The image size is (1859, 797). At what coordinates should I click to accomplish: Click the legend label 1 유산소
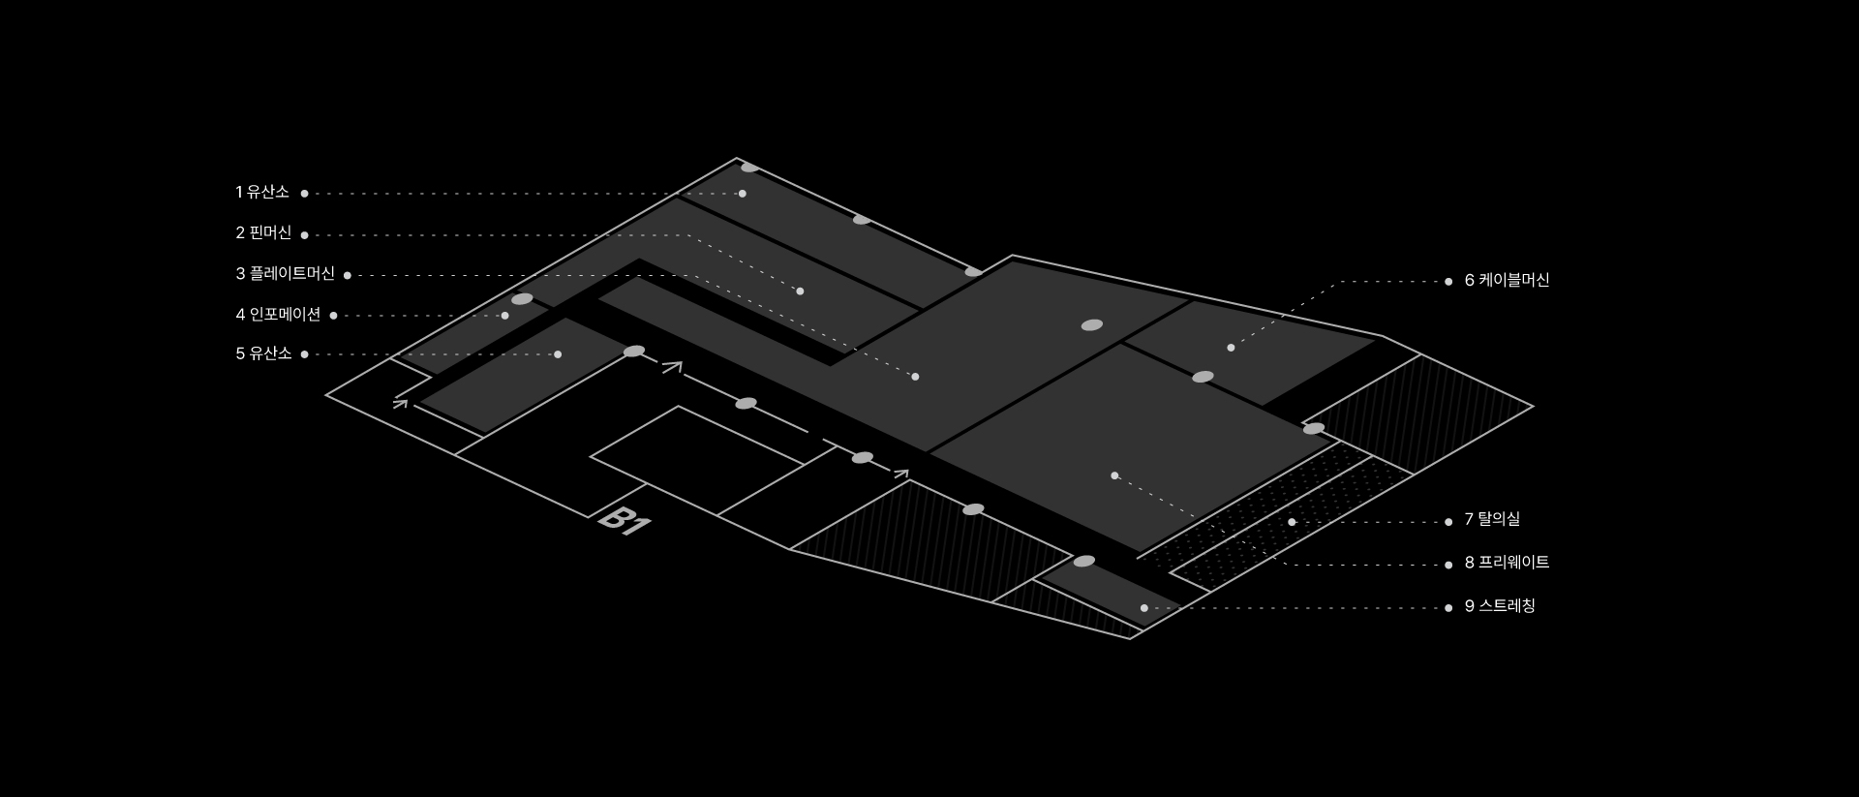[x=262, y=193]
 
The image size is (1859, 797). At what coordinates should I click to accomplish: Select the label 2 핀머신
[x=263, y=233]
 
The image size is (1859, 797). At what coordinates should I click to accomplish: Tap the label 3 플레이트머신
[x=286, y=274]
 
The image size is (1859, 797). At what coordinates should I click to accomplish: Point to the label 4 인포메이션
[x=278, y=315]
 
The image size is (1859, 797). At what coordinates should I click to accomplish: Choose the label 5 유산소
[x=263, y=354]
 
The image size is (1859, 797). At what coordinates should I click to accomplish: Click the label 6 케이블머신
[x=1507, y=281]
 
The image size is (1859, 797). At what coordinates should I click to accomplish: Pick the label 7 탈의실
[x=1492, y=520]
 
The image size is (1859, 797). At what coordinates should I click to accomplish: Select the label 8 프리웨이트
[x=1507, y=563]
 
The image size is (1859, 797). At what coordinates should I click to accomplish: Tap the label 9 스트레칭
[x=1500, y=606]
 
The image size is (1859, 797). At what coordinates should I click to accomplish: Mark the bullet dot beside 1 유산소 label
[x=304, y=194]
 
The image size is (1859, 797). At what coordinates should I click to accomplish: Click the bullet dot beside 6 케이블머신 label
[x=1448, y=282]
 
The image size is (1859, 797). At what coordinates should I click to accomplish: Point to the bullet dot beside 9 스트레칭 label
[x=1448, y=608]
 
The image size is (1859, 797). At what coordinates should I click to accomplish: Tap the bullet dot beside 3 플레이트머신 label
[x=348, y=276]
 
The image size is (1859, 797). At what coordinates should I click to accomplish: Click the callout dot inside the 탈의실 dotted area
[x=1292, y=522]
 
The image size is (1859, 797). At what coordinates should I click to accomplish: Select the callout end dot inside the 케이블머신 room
[x=1231, y=348]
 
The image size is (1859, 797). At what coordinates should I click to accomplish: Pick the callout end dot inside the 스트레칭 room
[x=1143, y=608]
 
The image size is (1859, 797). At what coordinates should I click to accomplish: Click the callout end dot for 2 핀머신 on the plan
[x=800, y=291]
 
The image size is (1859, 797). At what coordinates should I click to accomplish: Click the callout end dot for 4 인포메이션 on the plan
[x=504, y=316]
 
